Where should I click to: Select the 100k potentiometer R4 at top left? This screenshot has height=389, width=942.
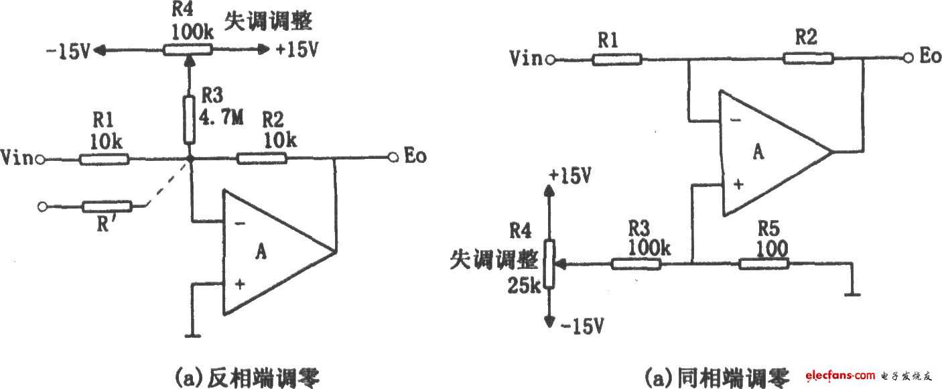click(x=188, y=49)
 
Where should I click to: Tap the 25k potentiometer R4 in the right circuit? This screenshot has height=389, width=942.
click(x=549, y=264)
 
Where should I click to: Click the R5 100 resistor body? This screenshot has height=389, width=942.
click(x=764, y=265)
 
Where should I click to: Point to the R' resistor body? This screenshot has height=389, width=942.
click(x=108, y=207)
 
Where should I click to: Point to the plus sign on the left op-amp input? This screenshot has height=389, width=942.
click(x=240, y=284)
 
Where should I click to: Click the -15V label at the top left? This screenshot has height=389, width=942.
click(x=67, y=51)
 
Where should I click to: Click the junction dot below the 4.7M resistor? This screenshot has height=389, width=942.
click(x=190, y=160)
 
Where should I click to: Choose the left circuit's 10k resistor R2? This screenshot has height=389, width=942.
click(x=262, y=159)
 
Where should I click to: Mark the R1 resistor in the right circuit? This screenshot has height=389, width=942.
click(x=616, y=59)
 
